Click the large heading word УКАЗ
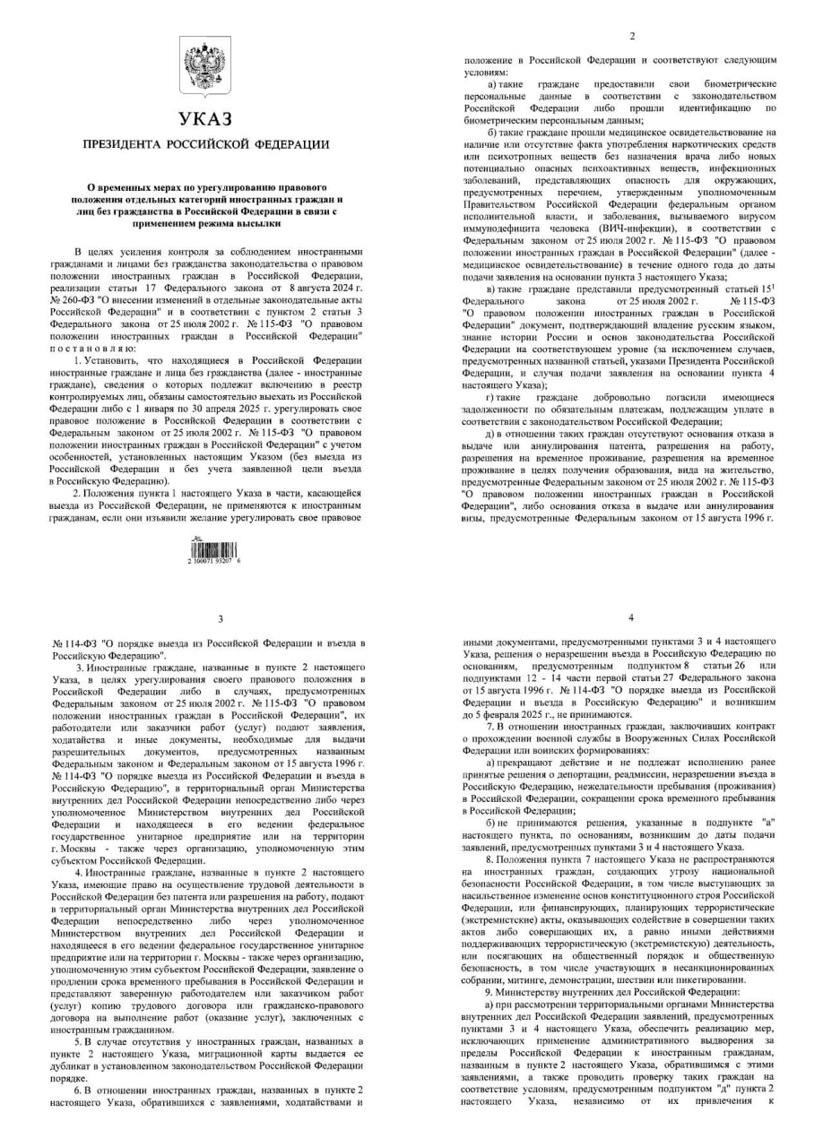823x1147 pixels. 205,119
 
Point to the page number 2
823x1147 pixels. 632,36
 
